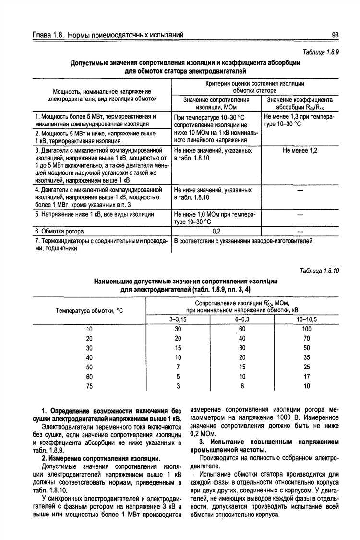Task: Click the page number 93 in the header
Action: (335, 35)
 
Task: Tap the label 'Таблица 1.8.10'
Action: (319, 270)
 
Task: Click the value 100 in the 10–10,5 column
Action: (307, 329)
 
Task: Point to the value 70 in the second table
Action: (307, 338)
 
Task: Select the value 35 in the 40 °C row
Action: (307, 357)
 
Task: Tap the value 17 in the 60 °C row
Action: (307, 377)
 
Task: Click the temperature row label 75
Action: (89, 386)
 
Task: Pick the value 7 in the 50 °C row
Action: (178, 367)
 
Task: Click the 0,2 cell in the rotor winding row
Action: (216, 231)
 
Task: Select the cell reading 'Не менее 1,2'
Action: (300, 150)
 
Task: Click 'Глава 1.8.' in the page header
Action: (48, 35)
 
